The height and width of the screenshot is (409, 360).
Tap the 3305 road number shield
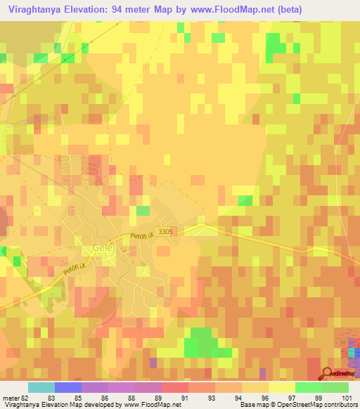166,231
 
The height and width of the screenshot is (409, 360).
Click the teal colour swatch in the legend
41,387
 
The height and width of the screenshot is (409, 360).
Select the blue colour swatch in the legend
67,387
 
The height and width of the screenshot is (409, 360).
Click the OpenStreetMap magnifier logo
328,373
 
